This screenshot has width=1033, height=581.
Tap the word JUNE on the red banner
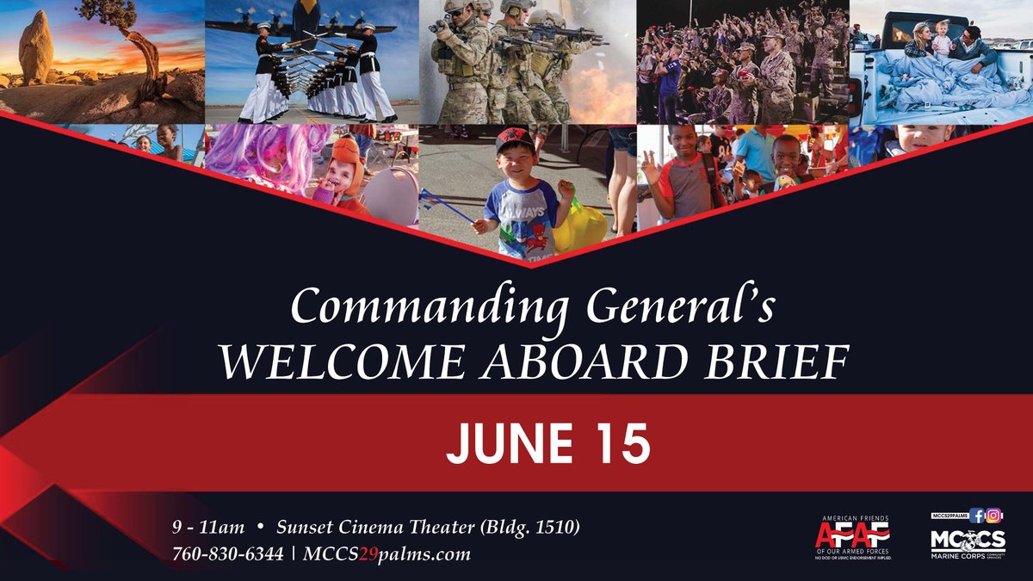(x=498, y=443)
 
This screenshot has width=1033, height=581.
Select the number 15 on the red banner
(x=619, y=443)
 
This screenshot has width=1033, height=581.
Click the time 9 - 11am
(x=208, y=526)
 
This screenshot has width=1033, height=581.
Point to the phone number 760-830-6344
(x=228, y=553)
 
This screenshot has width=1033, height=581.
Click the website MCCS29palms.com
(x=387, y=553)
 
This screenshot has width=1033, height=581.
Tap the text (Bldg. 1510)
(x=526, y=526)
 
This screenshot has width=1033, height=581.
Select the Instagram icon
(x=994, y=516)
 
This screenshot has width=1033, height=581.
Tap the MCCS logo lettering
(x=968, y=540)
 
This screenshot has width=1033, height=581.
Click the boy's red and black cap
(x=515, y=140)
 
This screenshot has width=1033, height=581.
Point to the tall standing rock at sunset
(x=36, y=47)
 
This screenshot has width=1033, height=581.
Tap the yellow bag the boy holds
(x=579, y=226)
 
